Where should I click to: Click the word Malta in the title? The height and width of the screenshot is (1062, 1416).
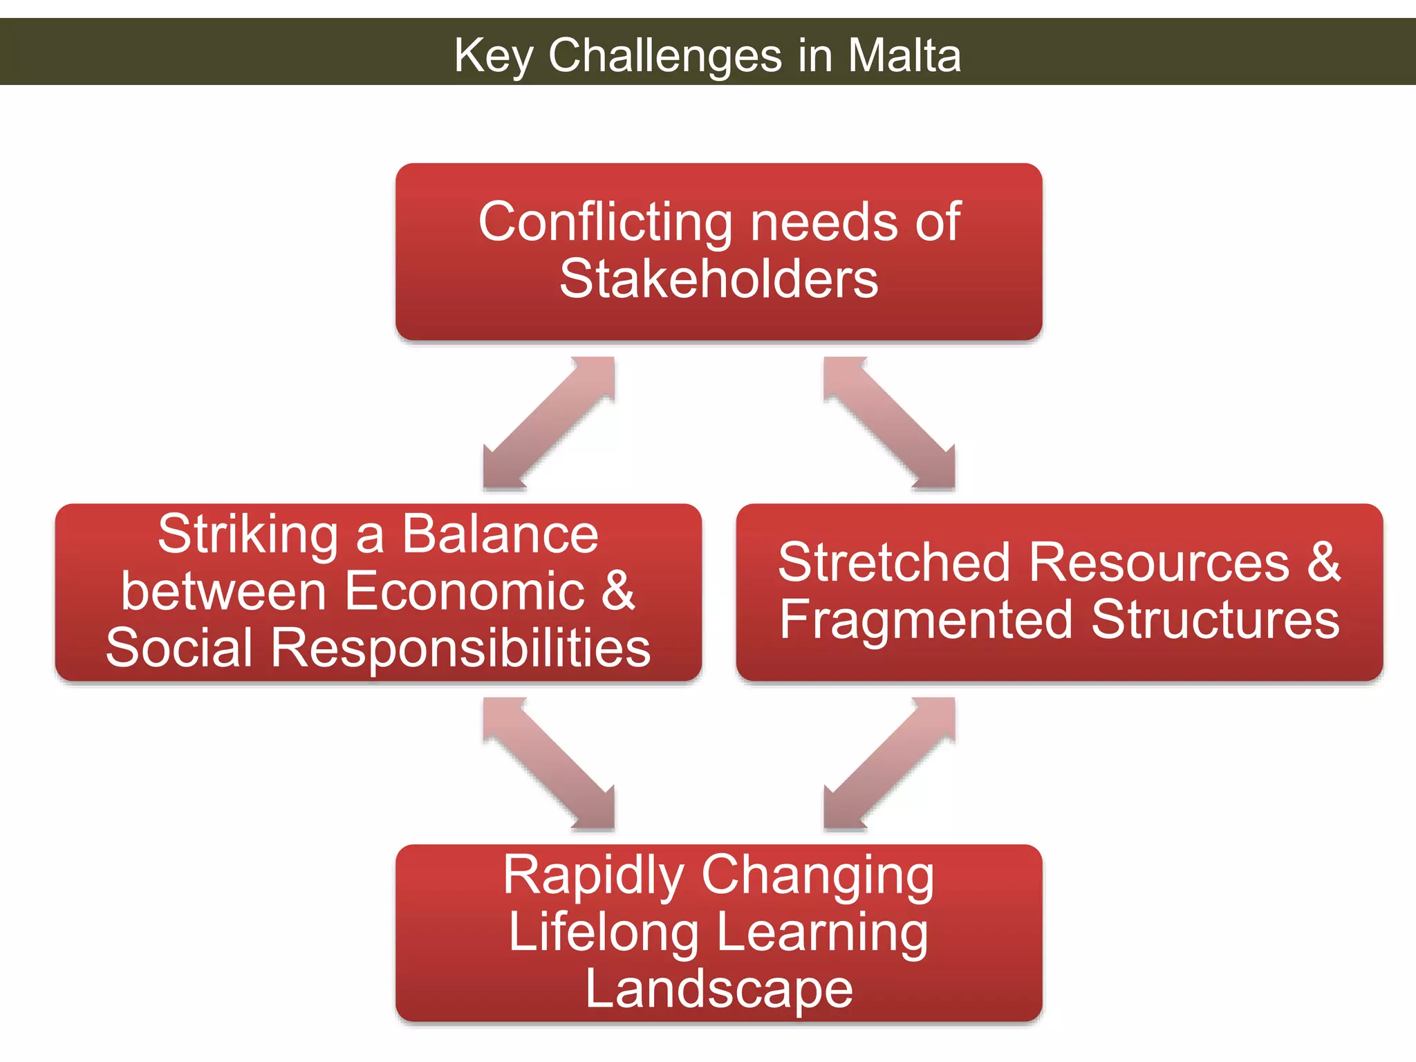tap(904, 55)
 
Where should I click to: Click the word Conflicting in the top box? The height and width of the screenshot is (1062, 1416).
tap(605, 223)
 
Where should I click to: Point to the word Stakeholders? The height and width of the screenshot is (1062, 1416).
tap(719, 279)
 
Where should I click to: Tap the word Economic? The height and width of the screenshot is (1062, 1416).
tap(465, 592)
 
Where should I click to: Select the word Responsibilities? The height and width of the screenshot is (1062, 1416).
tap(460, 649)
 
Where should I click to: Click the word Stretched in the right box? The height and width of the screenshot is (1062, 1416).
tap(895, 562)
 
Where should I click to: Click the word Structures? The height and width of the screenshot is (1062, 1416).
tap(1215, 619)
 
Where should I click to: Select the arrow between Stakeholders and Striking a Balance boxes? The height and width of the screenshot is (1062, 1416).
tap(548, 422)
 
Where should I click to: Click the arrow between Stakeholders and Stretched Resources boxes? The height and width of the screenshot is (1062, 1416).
tap(890, 422)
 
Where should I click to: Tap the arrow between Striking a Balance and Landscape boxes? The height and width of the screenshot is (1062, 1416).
tap(548, 763)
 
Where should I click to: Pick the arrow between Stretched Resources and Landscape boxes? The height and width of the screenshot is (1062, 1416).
tap(890, 763)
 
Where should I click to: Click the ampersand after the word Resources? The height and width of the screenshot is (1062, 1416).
tap(1323, 562)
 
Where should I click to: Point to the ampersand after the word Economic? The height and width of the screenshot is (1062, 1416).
tap(617, 592)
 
